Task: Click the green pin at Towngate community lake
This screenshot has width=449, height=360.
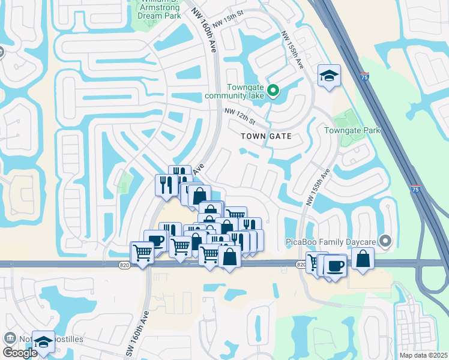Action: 273,91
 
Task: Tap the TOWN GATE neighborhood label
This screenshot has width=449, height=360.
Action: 266,136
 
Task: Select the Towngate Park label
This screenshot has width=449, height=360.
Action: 352,130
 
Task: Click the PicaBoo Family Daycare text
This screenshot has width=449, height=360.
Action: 330,242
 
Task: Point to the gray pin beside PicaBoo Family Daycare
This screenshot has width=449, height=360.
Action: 386,242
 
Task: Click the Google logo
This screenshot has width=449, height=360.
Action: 20,352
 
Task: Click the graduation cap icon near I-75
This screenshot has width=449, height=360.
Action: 328,76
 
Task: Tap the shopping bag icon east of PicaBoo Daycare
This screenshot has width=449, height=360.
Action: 363,259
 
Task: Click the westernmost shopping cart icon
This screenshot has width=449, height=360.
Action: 142,253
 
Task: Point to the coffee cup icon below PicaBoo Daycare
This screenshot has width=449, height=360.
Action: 336,265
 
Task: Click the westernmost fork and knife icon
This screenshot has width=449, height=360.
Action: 164,184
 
